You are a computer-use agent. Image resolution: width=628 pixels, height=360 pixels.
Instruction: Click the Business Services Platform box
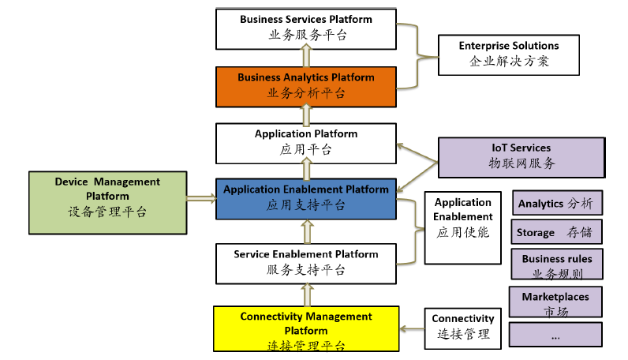pos(305,27)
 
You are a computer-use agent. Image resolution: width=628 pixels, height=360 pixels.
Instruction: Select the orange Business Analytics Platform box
pos(305,85)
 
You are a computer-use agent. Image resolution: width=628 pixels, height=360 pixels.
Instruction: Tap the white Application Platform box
pos(305,142)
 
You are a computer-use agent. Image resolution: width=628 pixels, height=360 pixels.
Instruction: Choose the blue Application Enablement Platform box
pos(305,198)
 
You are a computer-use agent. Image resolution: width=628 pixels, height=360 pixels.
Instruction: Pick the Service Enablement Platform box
pos(305,262)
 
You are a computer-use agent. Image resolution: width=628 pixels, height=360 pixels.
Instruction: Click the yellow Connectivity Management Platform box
pos(305,330)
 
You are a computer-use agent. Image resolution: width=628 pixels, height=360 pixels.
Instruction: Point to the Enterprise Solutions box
pos(508,54)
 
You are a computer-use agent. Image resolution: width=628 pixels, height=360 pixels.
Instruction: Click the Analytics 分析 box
pos(557,203)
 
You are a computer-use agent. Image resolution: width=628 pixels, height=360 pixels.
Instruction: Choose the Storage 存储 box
pos(557,232)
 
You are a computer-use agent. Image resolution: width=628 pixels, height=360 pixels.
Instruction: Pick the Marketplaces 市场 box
pos(555,302)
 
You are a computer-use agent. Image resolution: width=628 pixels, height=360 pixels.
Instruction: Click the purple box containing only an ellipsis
pos(555,334)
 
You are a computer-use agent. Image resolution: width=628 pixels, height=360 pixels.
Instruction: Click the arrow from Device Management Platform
pos(200,197)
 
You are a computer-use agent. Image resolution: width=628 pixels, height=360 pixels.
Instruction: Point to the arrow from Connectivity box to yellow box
pos(412,329)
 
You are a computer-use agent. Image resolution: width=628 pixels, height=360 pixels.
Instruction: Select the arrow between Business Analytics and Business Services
pos(305,56)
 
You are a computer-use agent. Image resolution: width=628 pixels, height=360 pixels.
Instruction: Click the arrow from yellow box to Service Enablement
pos(305,295)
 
